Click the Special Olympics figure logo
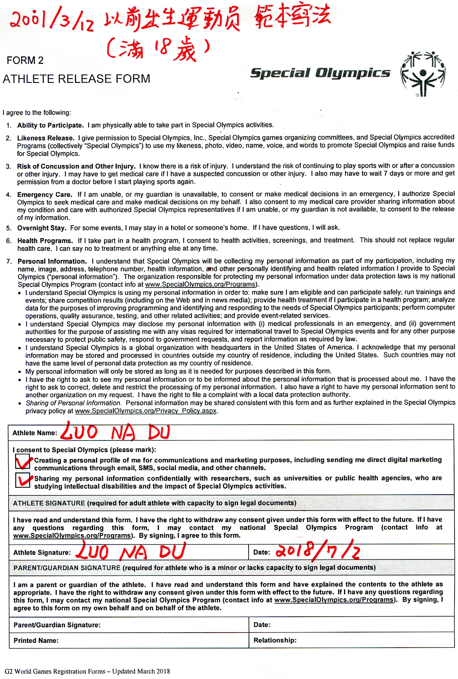423,74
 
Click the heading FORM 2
25,61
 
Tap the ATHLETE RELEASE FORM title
77,79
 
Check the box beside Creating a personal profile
22,462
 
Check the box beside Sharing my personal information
22,480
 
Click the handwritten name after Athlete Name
115,432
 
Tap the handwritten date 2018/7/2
317,551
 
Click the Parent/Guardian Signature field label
57,625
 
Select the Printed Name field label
36,640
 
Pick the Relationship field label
275,640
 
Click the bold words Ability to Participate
50,125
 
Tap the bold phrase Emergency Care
45,195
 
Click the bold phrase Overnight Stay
42,228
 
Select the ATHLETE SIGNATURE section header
49,503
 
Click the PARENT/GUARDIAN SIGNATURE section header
67,568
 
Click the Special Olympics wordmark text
320,73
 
